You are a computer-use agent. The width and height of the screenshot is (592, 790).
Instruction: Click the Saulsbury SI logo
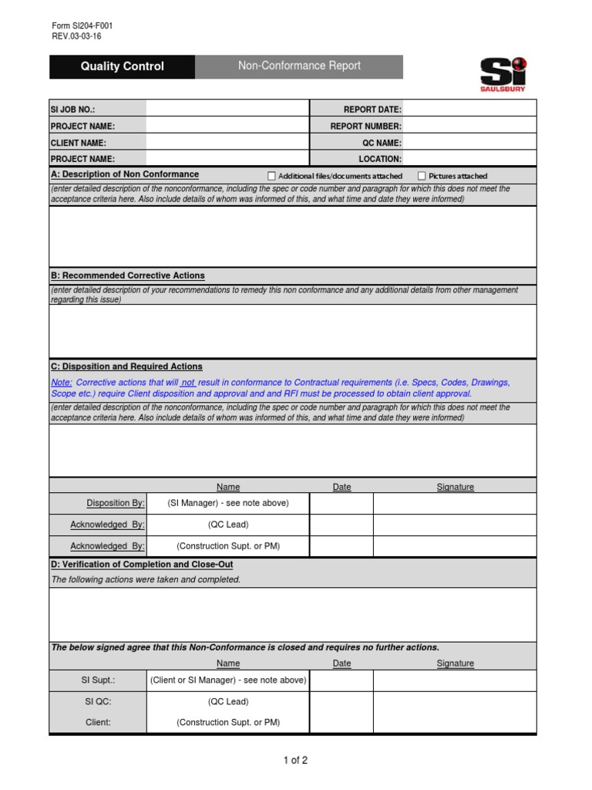(504, 73)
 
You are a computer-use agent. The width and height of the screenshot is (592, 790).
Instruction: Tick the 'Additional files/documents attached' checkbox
(271, 176)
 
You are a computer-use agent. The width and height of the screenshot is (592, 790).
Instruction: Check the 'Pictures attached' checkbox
(422, 176)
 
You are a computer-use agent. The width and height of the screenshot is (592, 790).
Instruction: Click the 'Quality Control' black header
(122, 66)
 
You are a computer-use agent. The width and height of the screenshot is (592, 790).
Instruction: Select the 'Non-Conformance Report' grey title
(299, 66)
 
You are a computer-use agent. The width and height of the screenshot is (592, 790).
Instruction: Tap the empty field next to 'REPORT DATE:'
(469, 110)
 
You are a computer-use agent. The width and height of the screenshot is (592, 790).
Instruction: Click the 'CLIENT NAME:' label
(79, 143)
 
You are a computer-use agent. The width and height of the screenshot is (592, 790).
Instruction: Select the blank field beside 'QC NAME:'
(469, 143)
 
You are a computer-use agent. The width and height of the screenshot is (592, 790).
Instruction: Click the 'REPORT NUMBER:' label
(365, 126)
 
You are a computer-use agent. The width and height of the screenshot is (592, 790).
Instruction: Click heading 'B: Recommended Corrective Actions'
(128, 275)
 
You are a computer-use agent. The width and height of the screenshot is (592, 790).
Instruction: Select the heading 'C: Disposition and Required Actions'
(126, 366)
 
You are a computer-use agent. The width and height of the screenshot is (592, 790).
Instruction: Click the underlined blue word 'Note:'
(62, 383)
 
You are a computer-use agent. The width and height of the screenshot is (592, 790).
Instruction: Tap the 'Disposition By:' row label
(116, 503)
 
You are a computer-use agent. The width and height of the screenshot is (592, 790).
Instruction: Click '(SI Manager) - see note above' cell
(228, 503)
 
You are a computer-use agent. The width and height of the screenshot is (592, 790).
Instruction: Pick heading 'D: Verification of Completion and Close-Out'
(142, 565)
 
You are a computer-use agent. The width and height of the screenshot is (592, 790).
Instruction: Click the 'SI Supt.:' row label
(98, 680)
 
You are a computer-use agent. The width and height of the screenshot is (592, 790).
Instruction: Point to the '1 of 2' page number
(295, 760)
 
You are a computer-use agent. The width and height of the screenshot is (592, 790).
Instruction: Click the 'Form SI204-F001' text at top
(82, 25)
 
